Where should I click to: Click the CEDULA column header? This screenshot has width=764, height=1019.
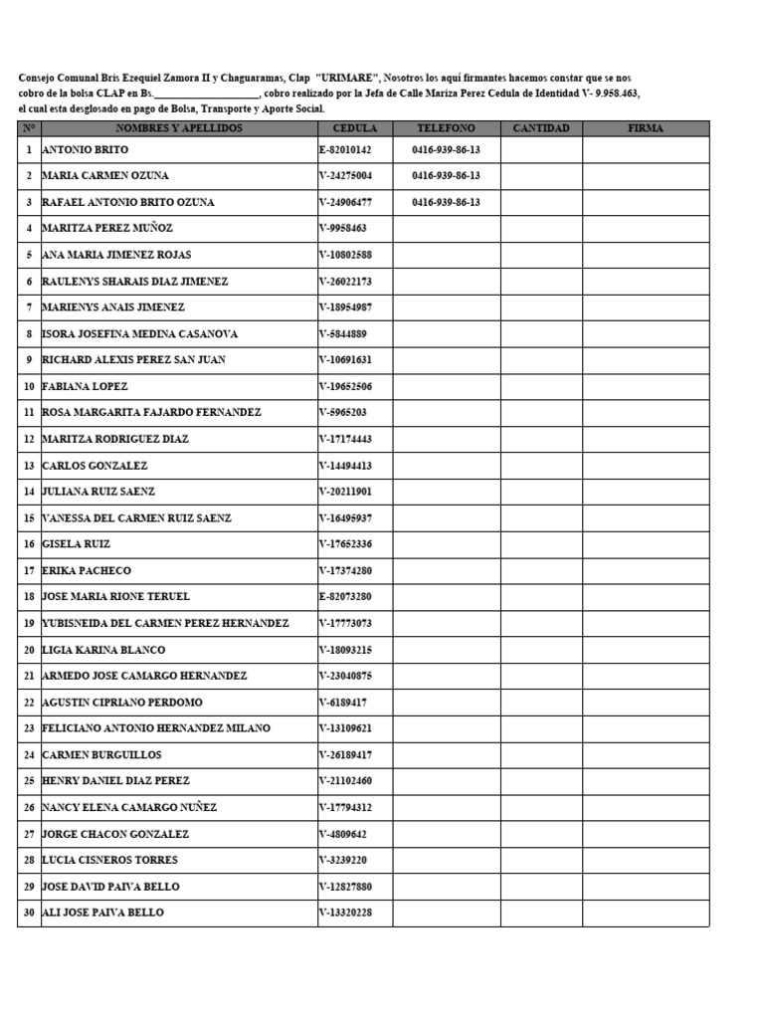pos(354,128)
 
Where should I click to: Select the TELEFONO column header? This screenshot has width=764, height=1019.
pos(446,128)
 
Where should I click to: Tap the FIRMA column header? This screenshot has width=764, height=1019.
pos(646,128)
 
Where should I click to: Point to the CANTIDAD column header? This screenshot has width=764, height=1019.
pos(541,128)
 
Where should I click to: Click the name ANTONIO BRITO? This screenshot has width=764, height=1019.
pos(85,149)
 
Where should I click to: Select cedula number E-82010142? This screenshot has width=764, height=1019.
pos(345,149)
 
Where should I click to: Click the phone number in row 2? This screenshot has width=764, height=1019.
pos(446,175)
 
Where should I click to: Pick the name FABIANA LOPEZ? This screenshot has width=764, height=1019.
pos(85,386)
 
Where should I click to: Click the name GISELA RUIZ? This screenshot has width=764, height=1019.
pos(76,544)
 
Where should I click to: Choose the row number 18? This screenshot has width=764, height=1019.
pos(28,597)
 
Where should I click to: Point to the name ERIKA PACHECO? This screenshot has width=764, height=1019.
pos(87,570)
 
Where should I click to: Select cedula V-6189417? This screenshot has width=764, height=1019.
pos(342,703)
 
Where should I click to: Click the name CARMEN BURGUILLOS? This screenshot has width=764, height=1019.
pos(101,755)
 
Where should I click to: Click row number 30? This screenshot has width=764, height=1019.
pos(28,913)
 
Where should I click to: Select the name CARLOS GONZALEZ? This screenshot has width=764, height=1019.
pos(95,465)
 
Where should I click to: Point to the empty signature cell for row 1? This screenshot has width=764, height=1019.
pos(646,149)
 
